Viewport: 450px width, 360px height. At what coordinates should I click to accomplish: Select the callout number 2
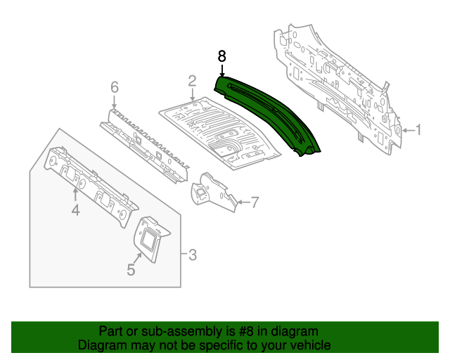click(x=191, y=82)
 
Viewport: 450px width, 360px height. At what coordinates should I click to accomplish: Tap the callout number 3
click(x=192, y=254)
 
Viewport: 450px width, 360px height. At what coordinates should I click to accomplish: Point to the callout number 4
click(x=75, y=210)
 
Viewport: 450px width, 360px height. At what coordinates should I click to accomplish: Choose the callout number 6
click(x=114, y=87)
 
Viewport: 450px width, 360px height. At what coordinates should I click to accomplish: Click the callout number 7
click(x=255, y=203)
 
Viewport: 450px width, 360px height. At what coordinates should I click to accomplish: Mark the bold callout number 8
click(x=221, y=56)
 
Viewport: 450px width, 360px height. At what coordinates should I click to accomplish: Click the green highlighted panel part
click(x=267, y=112)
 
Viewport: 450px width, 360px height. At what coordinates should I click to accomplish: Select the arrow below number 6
click(x=114, y=102)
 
